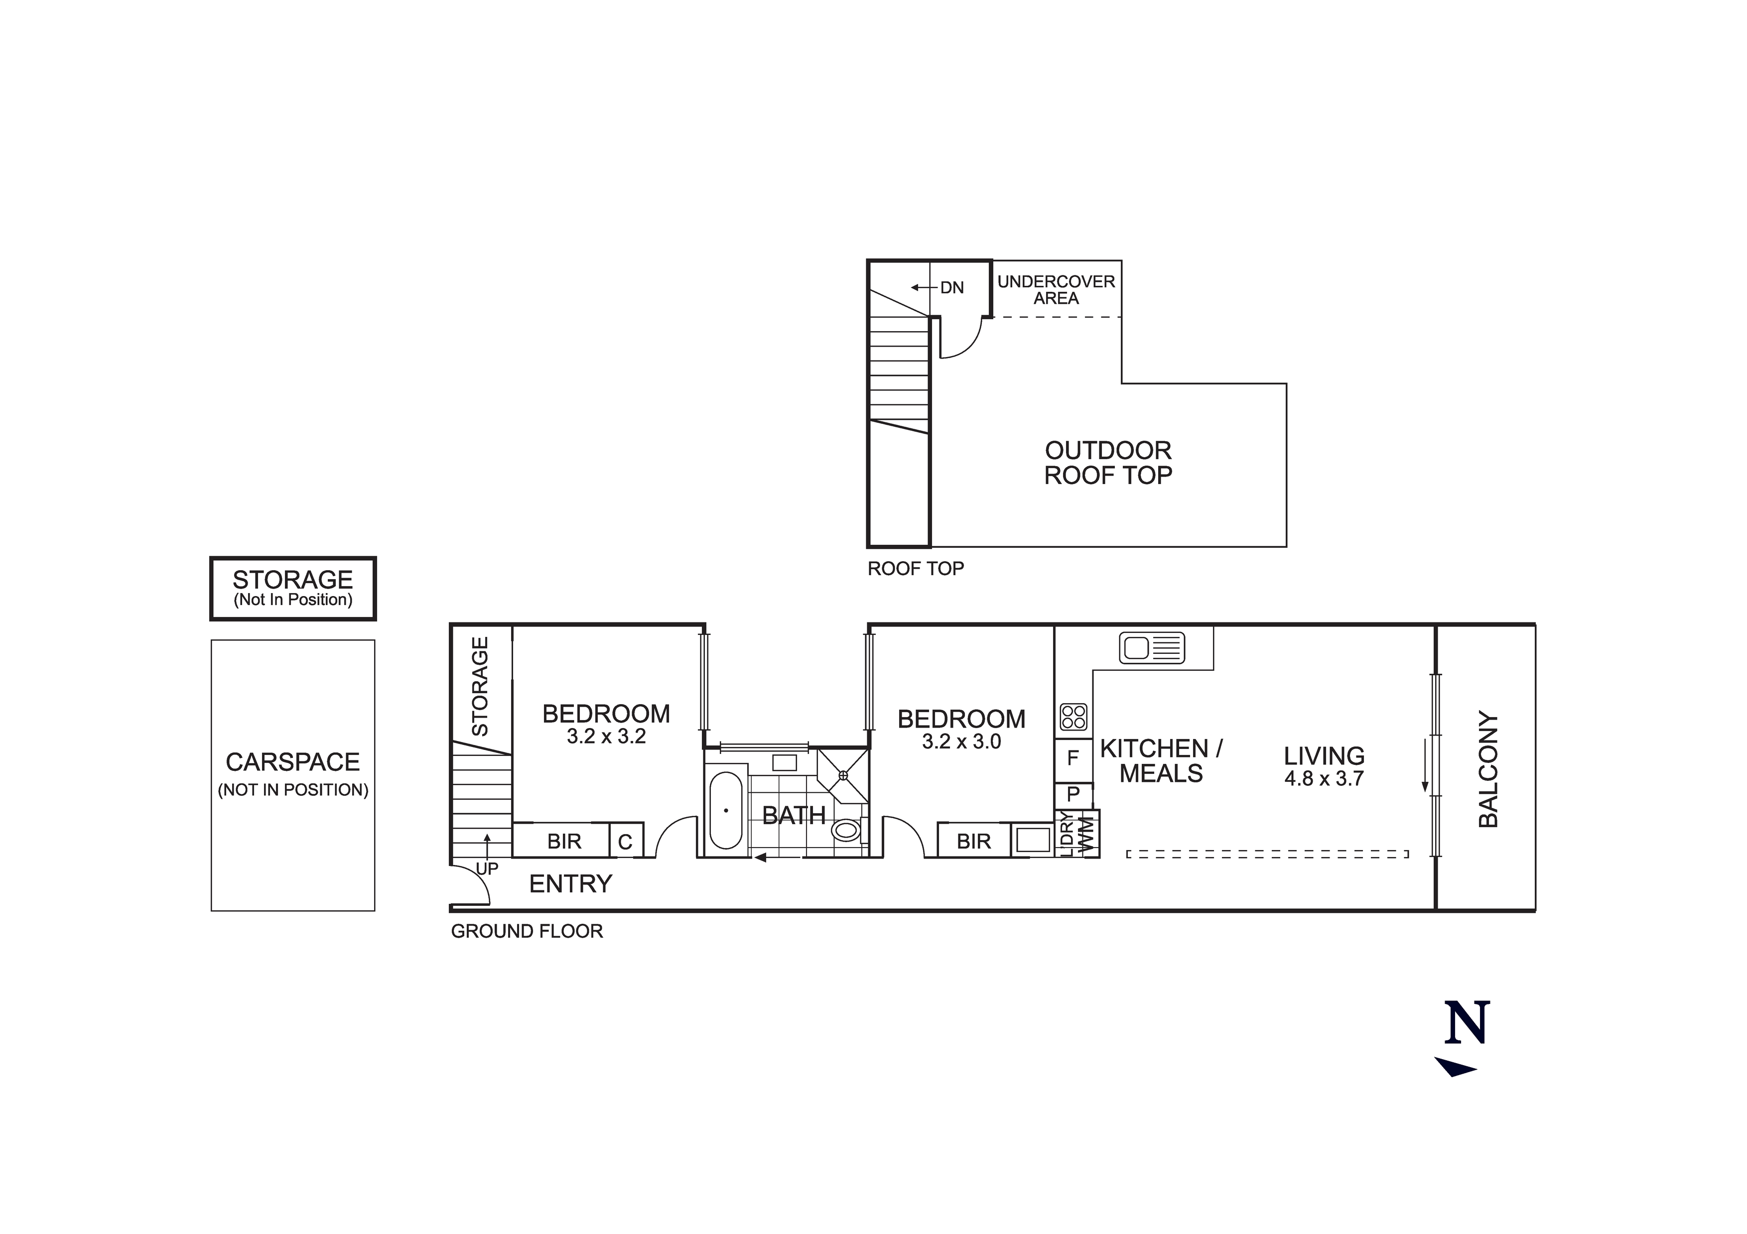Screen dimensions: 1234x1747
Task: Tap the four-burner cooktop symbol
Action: pyautogui.click(x=1074, y=717)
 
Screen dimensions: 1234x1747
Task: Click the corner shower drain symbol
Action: pyautogui.click(x=843, y=775)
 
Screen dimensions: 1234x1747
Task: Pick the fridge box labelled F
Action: pyautogui.click(x=1073, y=758)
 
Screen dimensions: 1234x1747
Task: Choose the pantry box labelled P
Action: pyautogui.click(x=1073, y=794)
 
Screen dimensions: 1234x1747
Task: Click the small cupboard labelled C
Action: pyautogui.click(x=626, y=842)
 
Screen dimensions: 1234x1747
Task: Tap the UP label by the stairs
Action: pyautogui.click(x=487, y=868)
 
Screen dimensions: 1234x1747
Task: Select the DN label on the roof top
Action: pyautogui.click(x=952, y=287)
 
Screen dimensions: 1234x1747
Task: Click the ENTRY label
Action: pyautogui.click(x=571, y=883)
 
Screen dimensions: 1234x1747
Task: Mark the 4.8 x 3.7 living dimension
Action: pyautogui.click(x=1324, y=778)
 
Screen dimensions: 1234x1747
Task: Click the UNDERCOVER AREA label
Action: pyautogui.click(x=1056, y=290)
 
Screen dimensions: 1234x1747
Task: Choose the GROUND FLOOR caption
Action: pyautogui.click(x=527, y=931)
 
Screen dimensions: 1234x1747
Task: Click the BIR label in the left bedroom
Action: pyautogui.click(x=564, y=842)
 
